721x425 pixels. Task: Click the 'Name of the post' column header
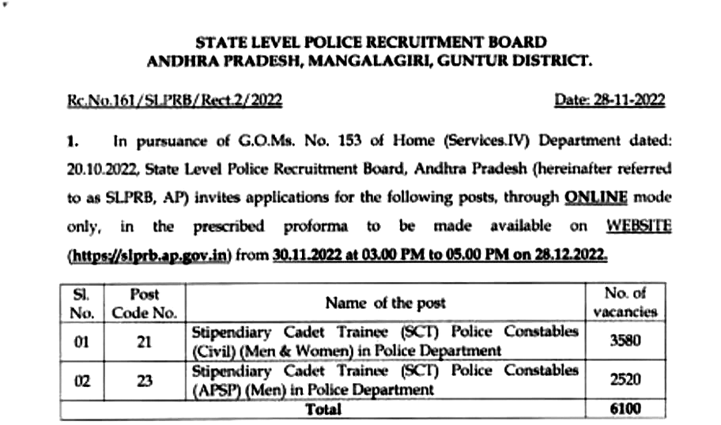pyautogui.click(x=385, y=303)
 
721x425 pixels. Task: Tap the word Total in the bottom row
pyautogui.click(x=323, y=409)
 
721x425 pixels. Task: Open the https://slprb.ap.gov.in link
pyautogui.click(x=149, y=255)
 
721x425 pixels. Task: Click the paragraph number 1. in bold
pyautogui.click(x=74, y=141)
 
